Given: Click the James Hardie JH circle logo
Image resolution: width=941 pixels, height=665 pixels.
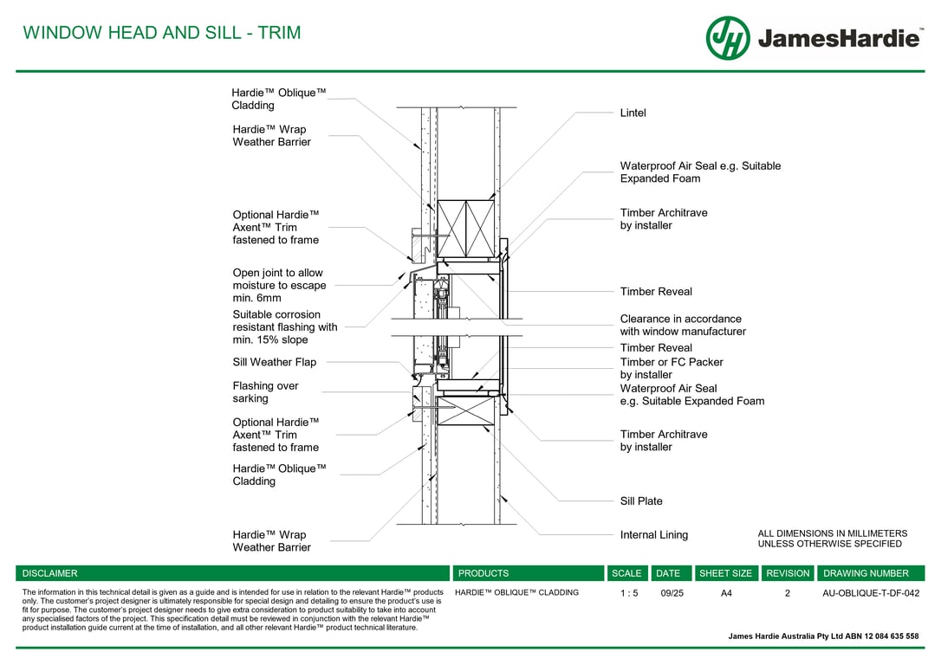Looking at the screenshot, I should click(x=728, y=38).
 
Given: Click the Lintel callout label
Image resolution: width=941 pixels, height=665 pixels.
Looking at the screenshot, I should click(x=633, y=113).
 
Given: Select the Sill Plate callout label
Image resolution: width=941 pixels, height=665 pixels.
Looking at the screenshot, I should click(x=641, y=501).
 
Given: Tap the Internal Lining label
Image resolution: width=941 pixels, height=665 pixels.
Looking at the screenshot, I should click(x=654, y=535).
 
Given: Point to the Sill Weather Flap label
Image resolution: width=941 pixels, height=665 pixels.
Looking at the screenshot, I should click(x=274, y=363).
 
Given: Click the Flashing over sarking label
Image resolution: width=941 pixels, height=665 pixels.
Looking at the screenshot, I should click(x=265, y=392).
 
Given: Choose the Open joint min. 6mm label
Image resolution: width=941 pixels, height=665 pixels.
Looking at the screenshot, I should click(x=279, y=286).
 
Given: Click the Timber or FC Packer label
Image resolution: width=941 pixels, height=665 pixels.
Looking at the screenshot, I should click(x=672, y=368).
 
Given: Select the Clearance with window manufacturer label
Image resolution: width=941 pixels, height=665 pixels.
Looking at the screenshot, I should click(x=683, y=325).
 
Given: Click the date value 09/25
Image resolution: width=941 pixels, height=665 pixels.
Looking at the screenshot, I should click(x=672, y=594).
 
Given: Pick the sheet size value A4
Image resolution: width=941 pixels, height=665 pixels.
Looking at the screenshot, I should click(x=726, y=594).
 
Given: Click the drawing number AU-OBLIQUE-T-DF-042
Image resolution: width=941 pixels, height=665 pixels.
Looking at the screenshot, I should click(x=871, y=594).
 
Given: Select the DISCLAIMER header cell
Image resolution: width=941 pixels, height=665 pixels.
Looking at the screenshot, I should click(x=50, y=573).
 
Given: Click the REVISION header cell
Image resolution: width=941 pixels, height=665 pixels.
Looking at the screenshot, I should click(x=788, y=573).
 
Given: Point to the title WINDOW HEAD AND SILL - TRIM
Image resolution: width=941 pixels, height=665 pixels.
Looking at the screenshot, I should click(x=162, y=33).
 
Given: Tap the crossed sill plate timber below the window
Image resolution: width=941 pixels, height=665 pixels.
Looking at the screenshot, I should click(x=464, y=410).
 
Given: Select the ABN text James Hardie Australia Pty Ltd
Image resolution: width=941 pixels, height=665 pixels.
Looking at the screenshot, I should click(x=823, y=636).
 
